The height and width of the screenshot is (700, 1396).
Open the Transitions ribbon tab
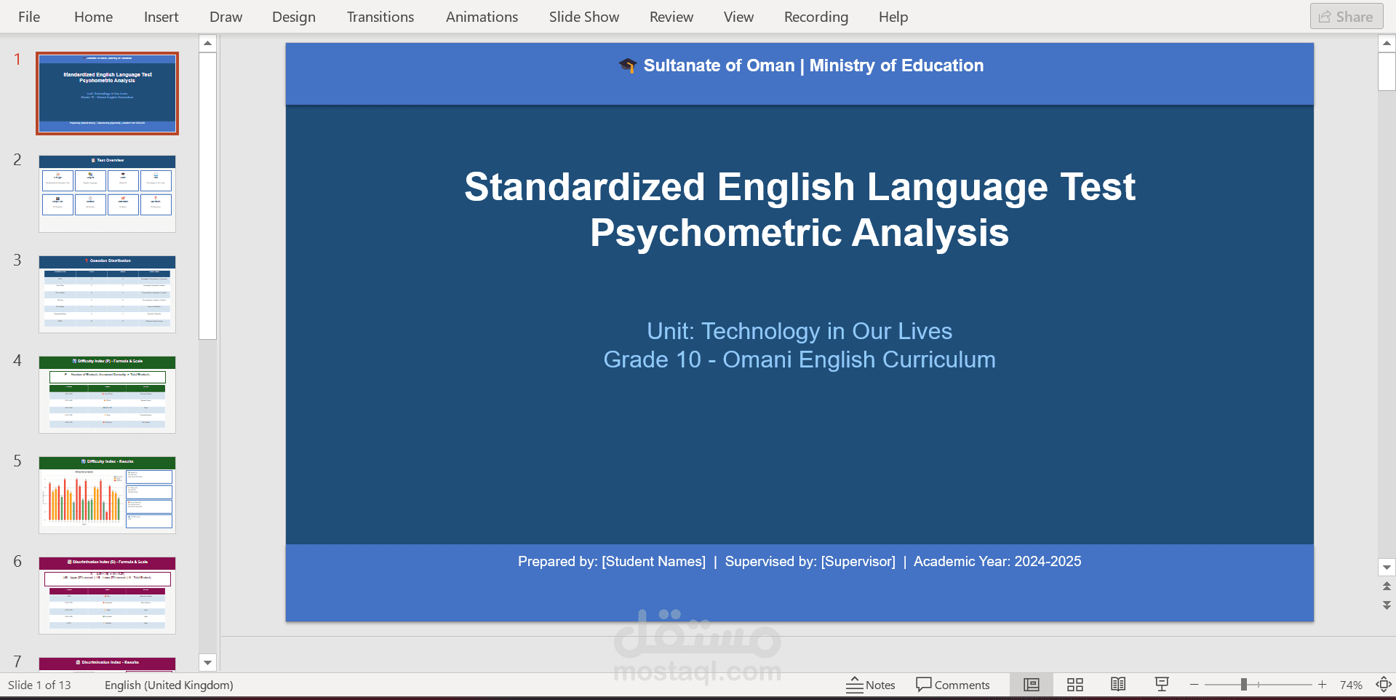tap(380, 17)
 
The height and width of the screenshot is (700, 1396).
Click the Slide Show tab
tap(583, 17)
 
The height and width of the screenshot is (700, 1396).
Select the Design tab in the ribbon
tap(293, 17)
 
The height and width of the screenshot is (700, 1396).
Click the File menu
tap(28, 17)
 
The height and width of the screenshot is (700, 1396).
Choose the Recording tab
tap(815, 17)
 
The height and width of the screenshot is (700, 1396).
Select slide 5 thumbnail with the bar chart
tap(107, 495)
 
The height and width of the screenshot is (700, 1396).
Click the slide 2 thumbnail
tap(107, 194)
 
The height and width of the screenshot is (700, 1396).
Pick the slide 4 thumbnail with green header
tap(107, 394)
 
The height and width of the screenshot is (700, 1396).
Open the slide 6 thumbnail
tap(107, 595)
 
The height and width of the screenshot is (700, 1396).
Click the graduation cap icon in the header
tap(627, 65)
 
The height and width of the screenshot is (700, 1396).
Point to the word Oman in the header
tap(770, 65)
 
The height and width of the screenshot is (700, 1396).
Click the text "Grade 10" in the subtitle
tap(652, 359)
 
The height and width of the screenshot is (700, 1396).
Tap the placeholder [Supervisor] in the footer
tap(858, 561)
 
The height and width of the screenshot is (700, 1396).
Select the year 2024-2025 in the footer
tap(1048, 561)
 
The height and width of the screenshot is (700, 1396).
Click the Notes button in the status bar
tap(871, 685)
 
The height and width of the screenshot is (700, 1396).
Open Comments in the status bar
tap(953, 685)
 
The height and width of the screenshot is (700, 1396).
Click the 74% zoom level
tap(1350, 685)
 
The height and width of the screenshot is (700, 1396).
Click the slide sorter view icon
tap(1074, 685)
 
